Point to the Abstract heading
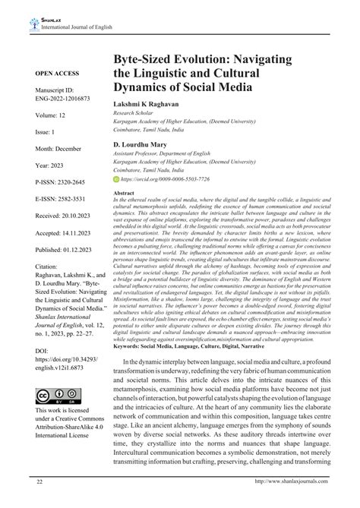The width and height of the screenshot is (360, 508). tap(125, 215)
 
